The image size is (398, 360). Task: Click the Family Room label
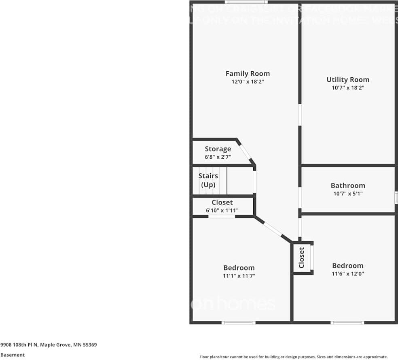248,73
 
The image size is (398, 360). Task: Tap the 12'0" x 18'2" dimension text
248,81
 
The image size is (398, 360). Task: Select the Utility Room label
348,79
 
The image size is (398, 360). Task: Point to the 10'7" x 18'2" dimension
348,87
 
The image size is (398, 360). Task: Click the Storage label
218,149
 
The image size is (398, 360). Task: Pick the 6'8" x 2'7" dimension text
218,156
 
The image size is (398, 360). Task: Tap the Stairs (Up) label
208,180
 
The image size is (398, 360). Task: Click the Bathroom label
348,185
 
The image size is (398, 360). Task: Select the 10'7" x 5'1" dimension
348,194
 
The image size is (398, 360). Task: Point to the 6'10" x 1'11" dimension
222,211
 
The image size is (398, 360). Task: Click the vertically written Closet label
301,258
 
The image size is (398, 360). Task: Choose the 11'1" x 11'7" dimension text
239,276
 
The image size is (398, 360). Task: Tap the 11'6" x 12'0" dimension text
348,273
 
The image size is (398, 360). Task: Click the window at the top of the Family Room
242,2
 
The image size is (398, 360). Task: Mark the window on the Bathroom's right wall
396,197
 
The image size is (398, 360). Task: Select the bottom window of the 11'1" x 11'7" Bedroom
239,323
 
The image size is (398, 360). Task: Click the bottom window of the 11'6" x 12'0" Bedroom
347,323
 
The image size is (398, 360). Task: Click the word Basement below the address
13,355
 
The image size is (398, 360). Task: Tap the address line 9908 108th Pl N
48,345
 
